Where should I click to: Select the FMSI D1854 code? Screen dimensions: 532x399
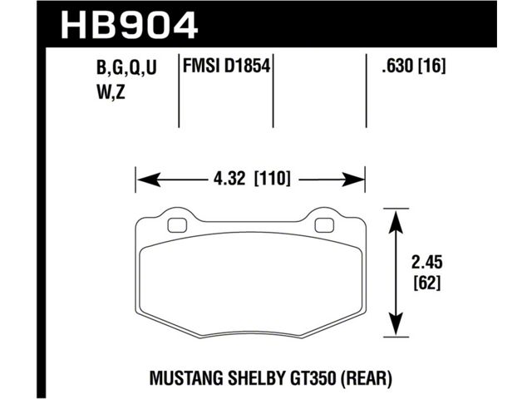(x=227, y=66)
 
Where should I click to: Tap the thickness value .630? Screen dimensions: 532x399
(x=397, y=66)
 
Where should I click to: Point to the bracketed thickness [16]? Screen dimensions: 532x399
(x=431, y=66)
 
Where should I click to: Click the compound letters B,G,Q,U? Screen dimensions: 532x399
(x=126, y=67)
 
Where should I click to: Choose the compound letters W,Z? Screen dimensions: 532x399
(x=111, y=91)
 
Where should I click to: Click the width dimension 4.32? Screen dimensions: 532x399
(x=229, y=179)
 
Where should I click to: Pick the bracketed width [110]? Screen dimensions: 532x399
(x=273, y=179)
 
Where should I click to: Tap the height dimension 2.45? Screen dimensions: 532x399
(x=427, y=263)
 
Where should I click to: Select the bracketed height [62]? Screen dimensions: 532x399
(x=427, y=283)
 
